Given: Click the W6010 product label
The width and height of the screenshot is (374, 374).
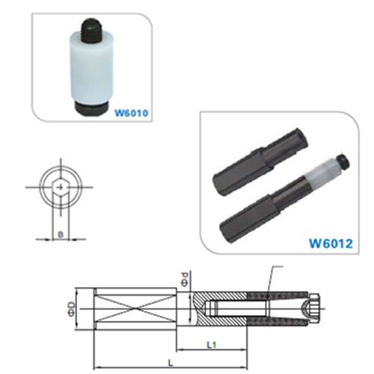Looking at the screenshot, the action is pyautogui.click(x=131, y=113).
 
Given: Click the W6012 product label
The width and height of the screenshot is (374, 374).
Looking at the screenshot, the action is pyautogui.click(x=331, y=243).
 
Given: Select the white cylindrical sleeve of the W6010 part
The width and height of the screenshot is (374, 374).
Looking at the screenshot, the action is pyautogui.click(x=91, y=69).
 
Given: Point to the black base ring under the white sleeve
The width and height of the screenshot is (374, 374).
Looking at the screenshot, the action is pyautogui.click(x=91, y=108).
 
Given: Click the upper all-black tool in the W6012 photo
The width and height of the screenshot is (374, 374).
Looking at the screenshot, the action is pyautogui.click(x=260, y=162).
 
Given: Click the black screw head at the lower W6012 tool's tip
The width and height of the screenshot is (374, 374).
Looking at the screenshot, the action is pyautogui.click(x=343, y=162).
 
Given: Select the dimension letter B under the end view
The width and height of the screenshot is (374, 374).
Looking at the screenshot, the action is pyautogui.click(x=61, y=235).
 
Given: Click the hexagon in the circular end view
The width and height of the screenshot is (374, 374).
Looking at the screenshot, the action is pyautogui.click(x=61, y=187).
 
